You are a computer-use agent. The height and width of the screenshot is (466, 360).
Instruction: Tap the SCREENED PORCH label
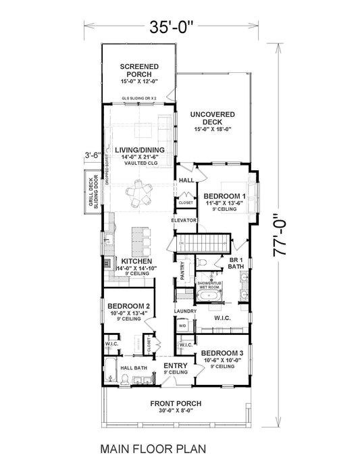[x=138, y=70]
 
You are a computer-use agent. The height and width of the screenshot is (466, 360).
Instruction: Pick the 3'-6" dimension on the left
[x=93, y=155]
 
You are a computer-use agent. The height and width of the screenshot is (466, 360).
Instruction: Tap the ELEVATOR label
[x=184, y=221]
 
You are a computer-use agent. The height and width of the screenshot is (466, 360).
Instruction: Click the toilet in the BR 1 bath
[x=203, y=263]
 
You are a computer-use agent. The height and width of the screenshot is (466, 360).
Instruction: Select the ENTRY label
[x=176, y=368]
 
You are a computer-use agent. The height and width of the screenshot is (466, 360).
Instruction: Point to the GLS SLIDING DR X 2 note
[x=138, y=98]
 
